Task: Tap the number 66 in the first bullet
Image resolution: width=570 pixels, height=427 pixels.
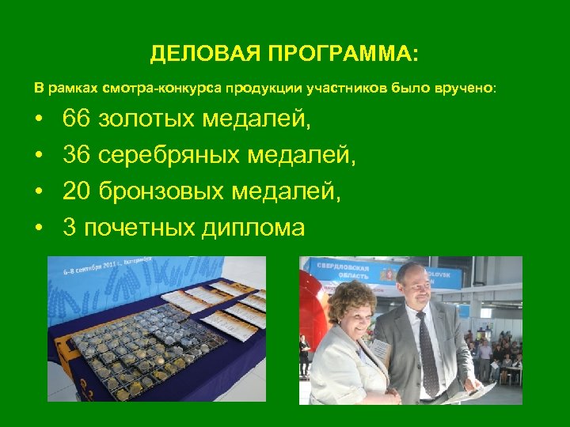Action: point(77,120)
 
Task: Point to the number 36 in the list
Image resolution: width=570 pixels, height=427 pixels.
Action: point(77,157)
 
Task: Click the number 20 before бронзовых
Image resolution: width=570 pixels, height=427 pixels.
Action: point(77,192)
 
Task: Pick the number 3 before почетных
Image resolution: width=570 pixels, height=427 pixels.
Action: point(70,228)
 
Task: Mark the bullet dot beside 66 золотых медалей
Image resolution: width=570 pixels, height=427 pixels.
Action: point(38,121)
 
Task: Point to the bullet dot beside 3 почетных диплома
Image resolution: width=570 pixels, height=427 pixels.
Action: point(38,229)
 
